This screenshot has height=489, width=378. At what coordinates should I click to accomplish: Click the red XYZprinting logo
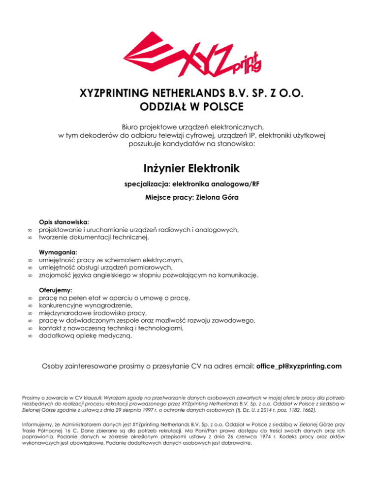tap(192, 54)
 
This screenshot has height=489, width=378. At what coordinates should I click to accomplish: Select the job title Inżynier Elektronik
tap(189, 169)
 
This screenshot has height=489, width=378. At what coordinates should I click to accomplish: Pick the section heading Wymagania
tap(57, 252)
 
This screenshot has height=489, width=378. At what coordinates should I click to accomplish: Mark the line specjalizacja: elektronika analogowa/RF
tap(189, 184)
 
